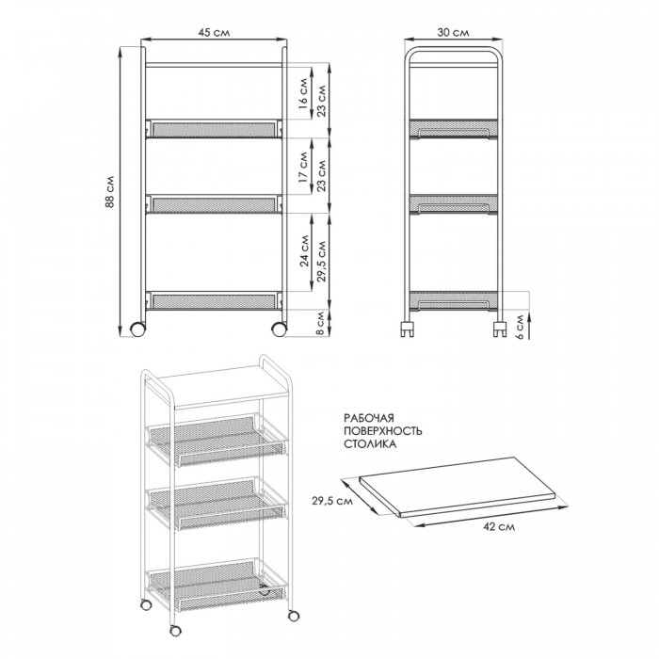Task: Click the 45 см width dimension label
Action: [x=214, y=32]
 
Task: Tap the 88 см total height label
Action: [x=110, y=191]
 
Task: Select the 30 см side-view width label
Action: [x=453, y=32]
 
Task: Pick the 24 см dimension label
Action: [x=305, y=251]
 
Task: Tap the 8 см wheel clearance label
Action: [x=320, y=323]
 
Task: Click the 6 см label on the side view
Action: [x=520, y=327]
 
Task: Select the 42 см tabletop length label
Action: [x=499, y=526]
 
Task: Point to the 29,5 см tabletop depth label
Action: [x=332, y=501]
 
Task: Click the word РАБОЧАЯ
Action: [x=369, y=418]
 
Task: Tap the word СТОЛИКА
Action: [x=370, y=444]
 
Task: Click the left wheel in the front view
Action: [x=137, y=329]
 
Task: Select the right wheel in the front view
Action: [x=279, y=329]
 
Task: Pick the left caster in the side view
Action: [x=408, y=329]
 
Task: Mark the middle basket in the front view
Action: [x=215, y=204]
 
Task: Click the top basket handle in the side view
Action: [x=454, y=133]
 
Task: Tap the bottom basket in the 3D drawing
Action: [x=217, y=585]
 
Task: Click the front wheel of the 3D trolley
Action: [x=175, y=631]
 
